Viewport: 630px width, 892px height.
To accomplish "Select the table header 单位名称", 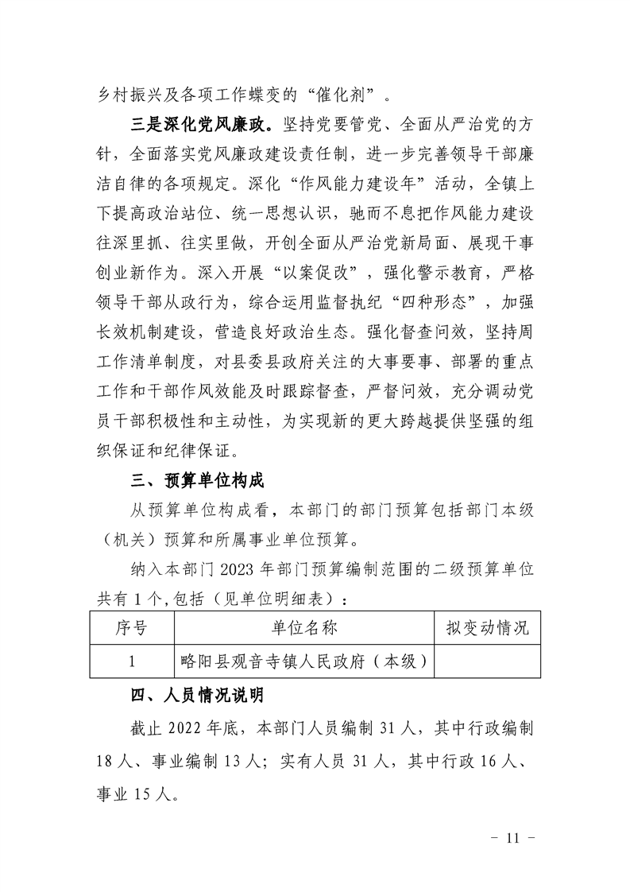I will click(304, 628).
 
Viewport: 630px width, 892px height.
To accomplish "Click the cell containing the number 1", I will click(131, 661).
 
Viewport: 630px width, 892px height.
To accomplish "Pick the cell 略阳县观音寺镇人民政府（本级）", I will click(304, 661).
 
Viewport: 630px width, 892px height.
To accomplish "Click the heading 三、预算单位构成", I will click(197, 481).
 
